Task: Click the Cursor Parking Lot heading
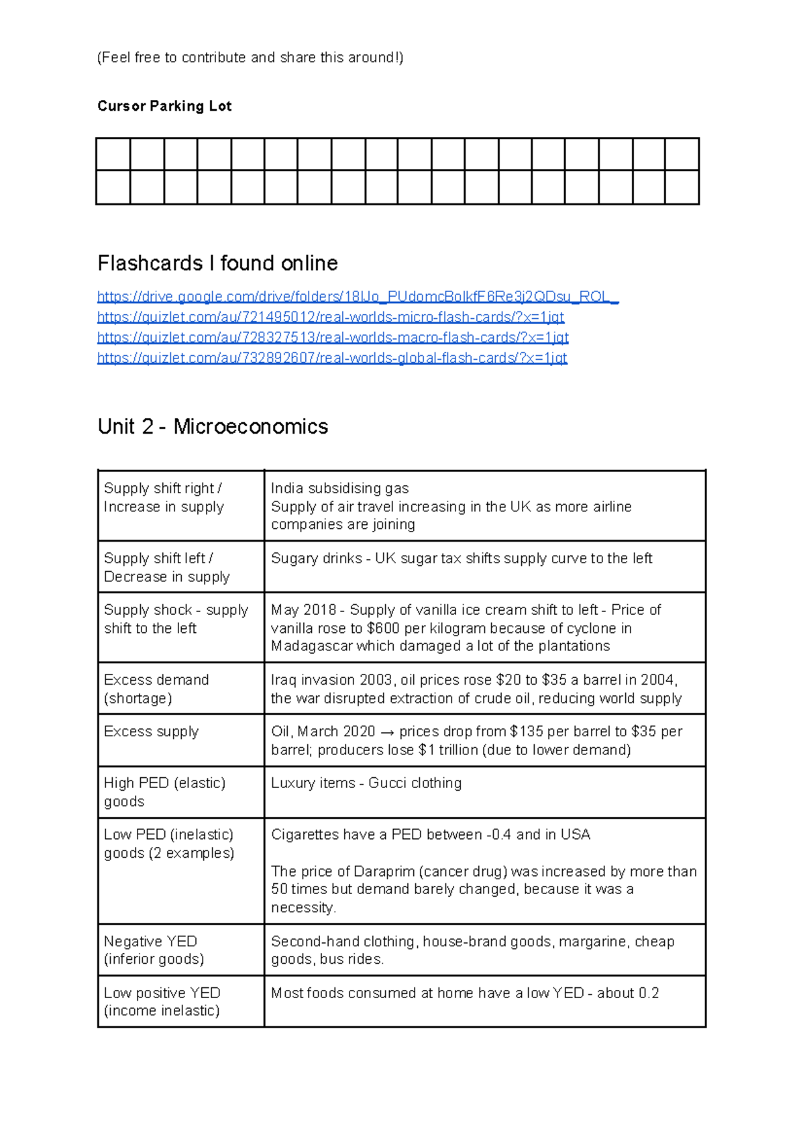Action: (x=164, y=106)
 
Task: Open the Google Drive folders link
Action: (x=358, y=297)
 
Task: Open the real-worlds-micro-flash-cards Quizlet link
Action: (x=330, y=317)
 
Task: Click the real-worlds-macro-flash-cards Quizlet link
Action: (x=332, y=337)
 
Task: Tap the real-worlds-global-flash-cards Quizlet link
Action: (x=331, y=358)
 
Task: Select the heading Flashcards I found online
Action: (x=217, y=263)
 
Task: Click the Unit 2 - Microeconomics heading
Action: (x=213, y=427)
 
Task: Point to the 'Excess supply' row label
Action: (x=152, y=732)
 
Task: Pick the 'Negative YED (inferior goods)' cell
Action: (x=154, y=950)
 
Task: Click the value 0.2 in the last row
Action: (x=648, y=993)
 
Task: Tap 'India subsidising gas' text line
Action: (x=339, y=489)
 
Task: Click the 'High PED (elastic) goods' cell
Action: (x=164, y=792)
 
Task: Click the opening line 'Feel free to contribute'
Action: (x=250, y=58)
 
